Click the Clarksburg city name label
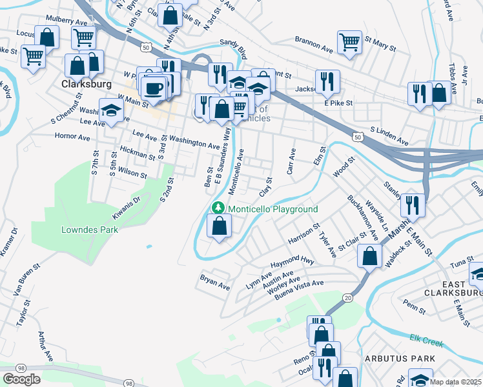click(x=87, y=84)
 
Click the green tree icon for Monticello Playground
click(x=219, y=209)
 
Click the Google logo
click(x=21, y=379)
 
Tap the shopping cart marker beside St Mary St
click(x=349, y=43)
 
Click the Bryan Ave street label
click(x=215, y=284)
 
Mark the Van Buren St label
click(x=26, y=280)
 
